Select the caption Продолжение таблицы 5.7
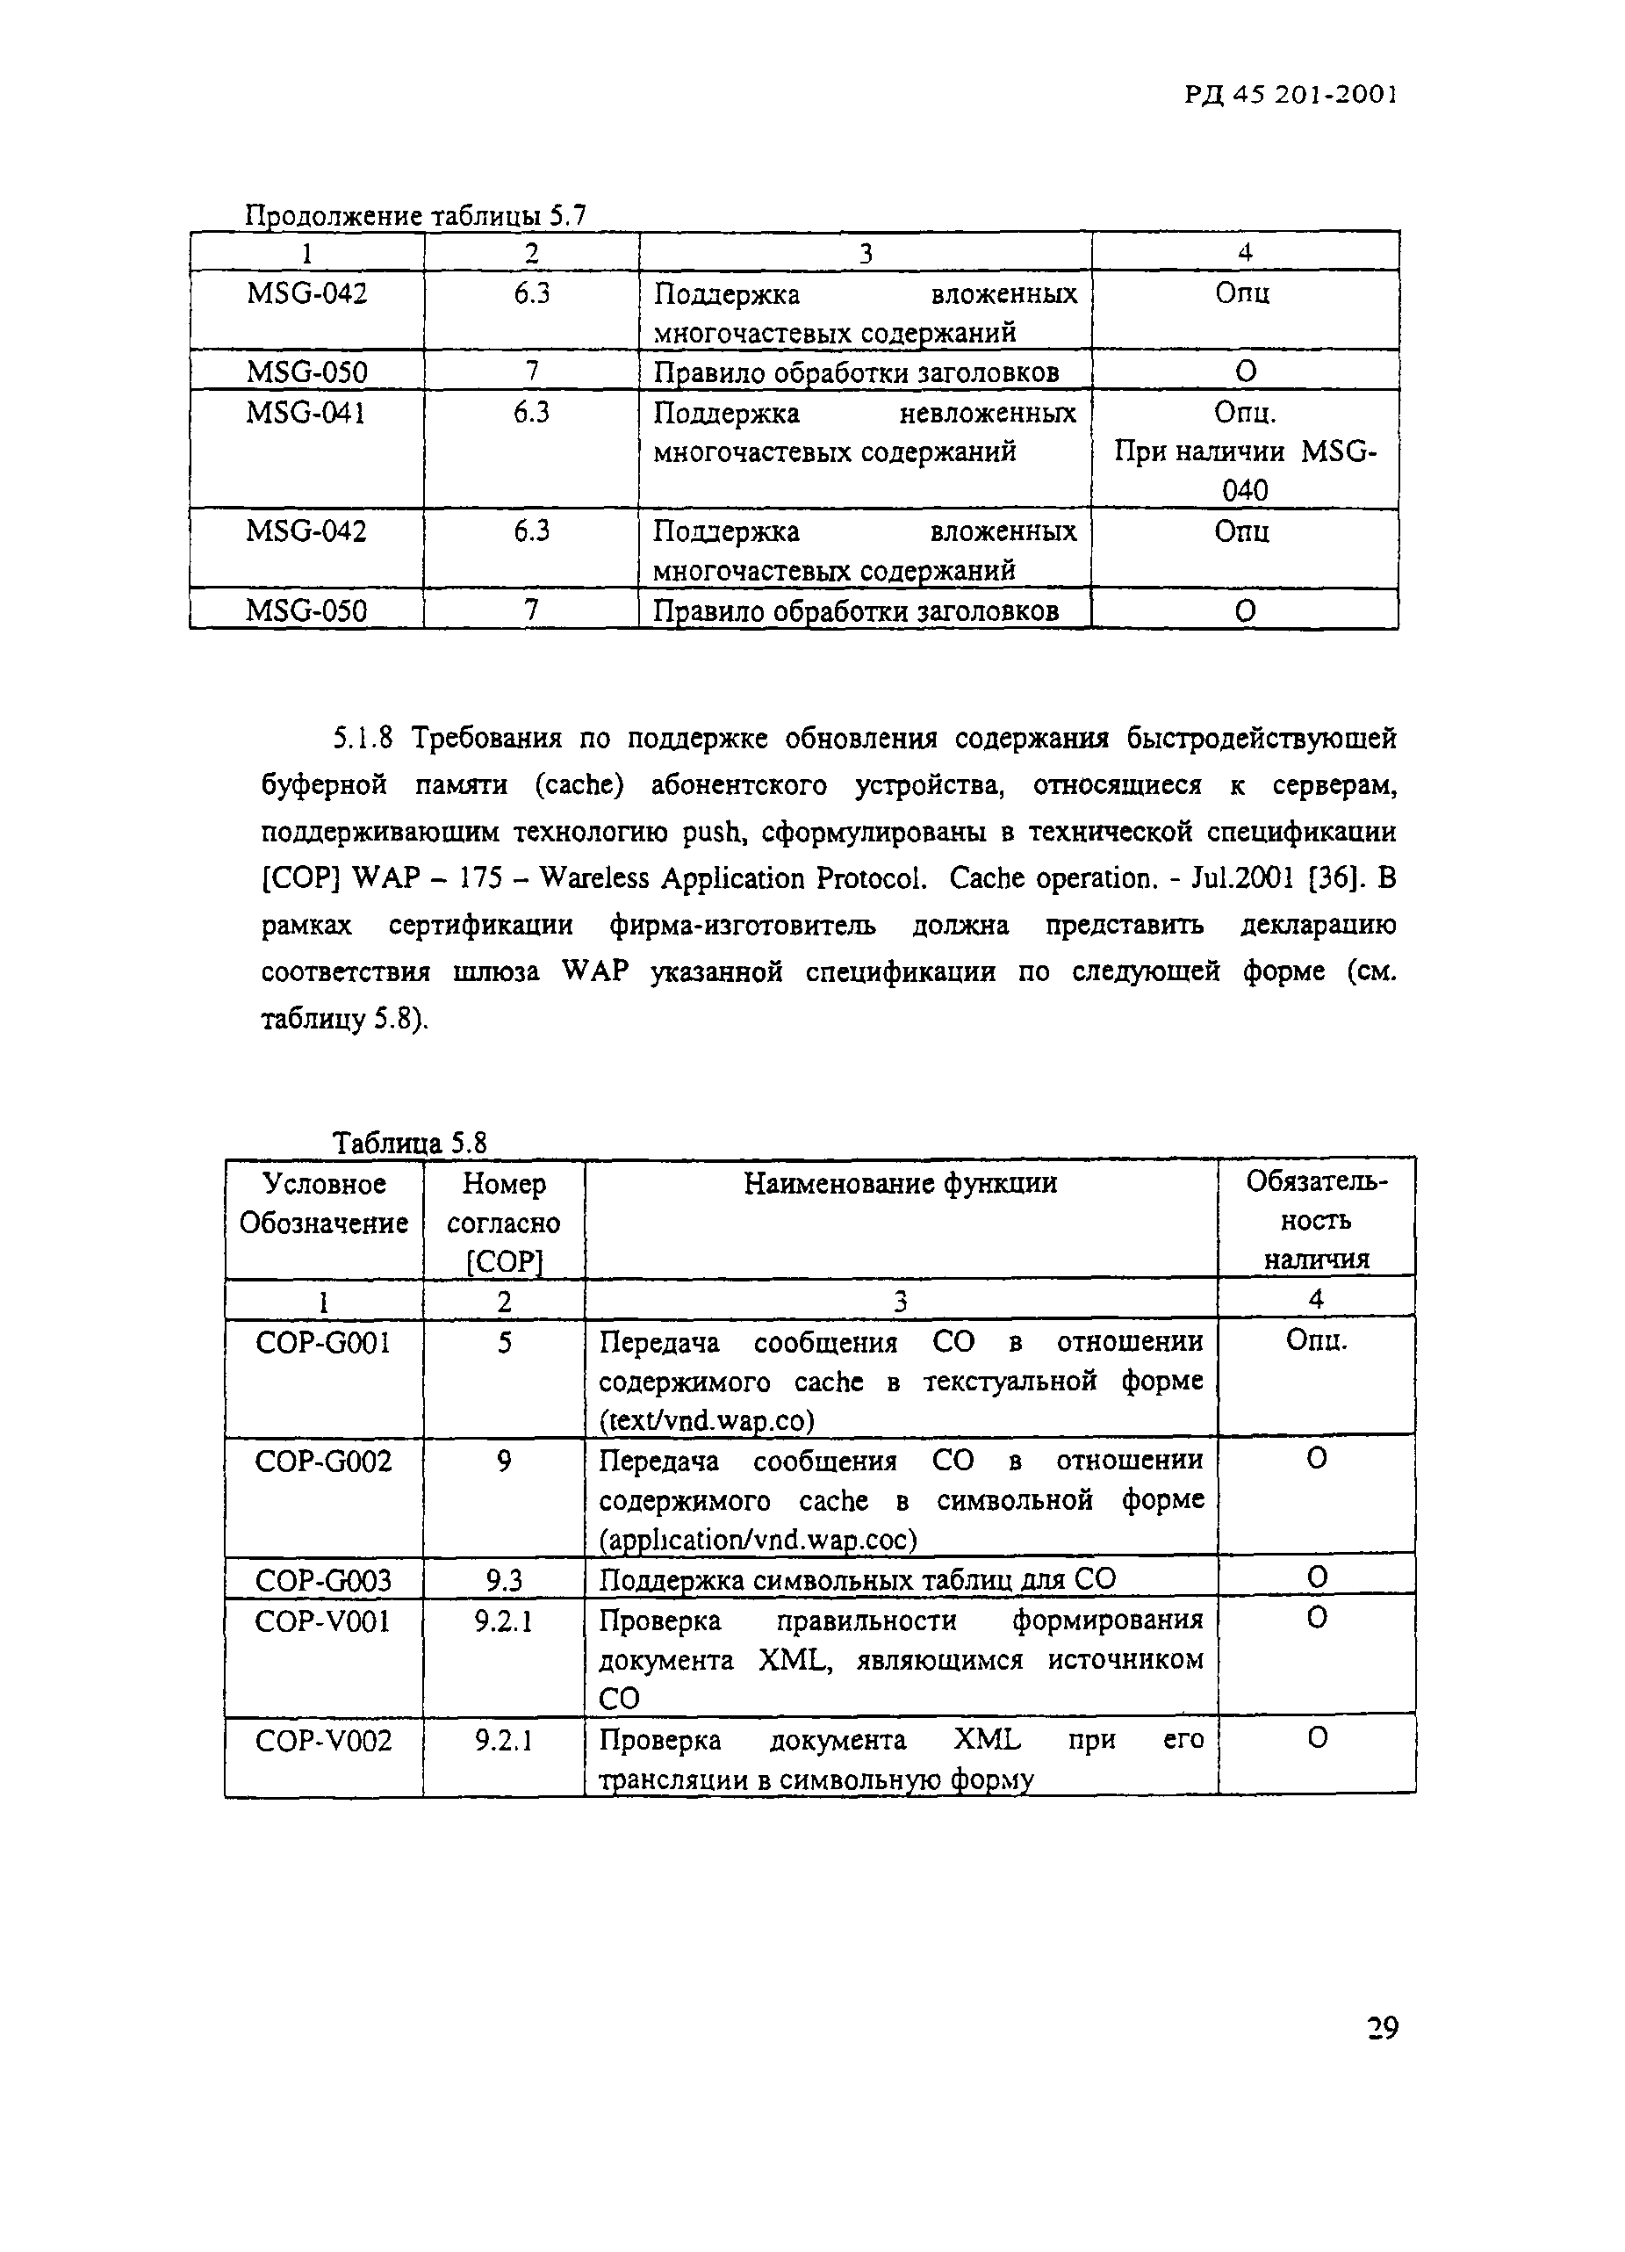pyautogui.click(x=415, y=214)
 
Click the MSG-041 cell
pyautogui.click(x=306, y=412)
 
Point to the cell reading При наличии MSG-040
pyautogui.click(x=1245, y=470)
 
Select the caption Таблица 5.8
pyautogui.click(x=409, y=1143)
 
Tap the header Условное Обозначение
pyautogui.click(x=324, y=1202)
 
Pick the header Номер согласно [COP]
pyautogui.click(x=503, y=1223)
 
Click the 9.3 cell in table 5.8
pyautogui.click(x=503, y=1580)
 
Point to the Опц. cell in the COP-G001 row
pyautogui.click(x=1316, y=1340)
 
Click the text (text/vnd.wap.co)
pyautogui.click(x=706, y=1421)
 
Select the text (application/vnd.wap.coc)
pyautogui.click(x=758, y=1539)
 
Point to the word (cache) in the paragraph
pyautogui.click(x=579, y=784)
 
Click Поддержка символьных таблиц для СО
pyautogui.click(x=858, y=1579)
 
